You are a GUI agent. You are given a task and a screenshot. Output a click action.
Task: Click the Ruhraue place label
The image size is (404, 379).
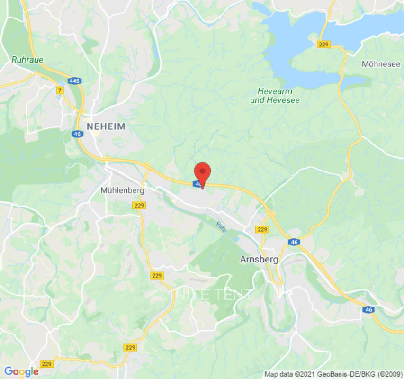click(27, 60)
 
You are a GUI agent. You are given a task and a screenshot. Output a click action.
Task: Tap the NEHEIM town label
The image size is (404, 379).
click(106, 126)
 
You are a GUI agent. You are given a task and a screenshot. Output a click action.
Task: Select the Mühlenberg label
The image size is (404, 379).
click(122, 190)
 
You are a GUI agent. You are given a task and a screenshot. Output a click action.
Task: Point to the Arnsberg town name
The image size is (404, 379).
click(259, 260)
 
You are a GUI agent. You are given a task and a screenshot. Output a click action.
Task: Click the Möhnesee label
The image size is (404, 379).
click(381, 64)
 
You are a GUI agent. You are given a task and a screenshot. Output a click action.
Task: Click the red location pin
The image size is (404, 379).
click(203, 173)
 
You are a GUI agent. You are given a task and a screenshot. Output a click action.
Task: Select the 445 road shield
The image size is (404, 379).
click(74, 81)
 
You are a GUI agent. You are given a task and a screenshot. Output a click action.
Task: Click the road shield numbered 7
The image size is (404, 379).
click(60, 90)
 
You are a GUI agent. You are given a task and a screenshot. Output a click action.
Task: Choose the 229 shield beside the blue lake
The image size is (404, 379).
click(324, 45)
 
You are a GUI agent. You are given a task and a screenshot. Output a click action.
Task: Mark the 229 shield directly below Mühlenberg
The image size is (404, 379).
click(139, 206)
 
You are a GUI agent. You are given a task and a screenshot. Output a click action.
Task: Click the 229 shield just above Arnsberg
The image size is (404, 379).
click(262, 229)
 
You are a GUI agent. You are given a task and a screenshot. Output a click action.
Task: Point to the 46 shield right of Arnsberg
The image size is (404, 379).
click(294, 242)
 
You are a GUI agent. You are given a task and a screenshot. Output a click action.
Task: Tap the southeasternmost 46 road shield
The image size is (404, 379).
click(369, 309)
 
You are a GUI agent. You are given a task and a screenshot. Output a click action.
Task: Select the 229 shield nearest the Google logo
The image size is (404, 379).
click(46, 364)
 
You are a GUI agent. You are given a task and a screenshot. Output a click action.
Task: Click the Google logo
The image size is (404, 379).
click(21, 372)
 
